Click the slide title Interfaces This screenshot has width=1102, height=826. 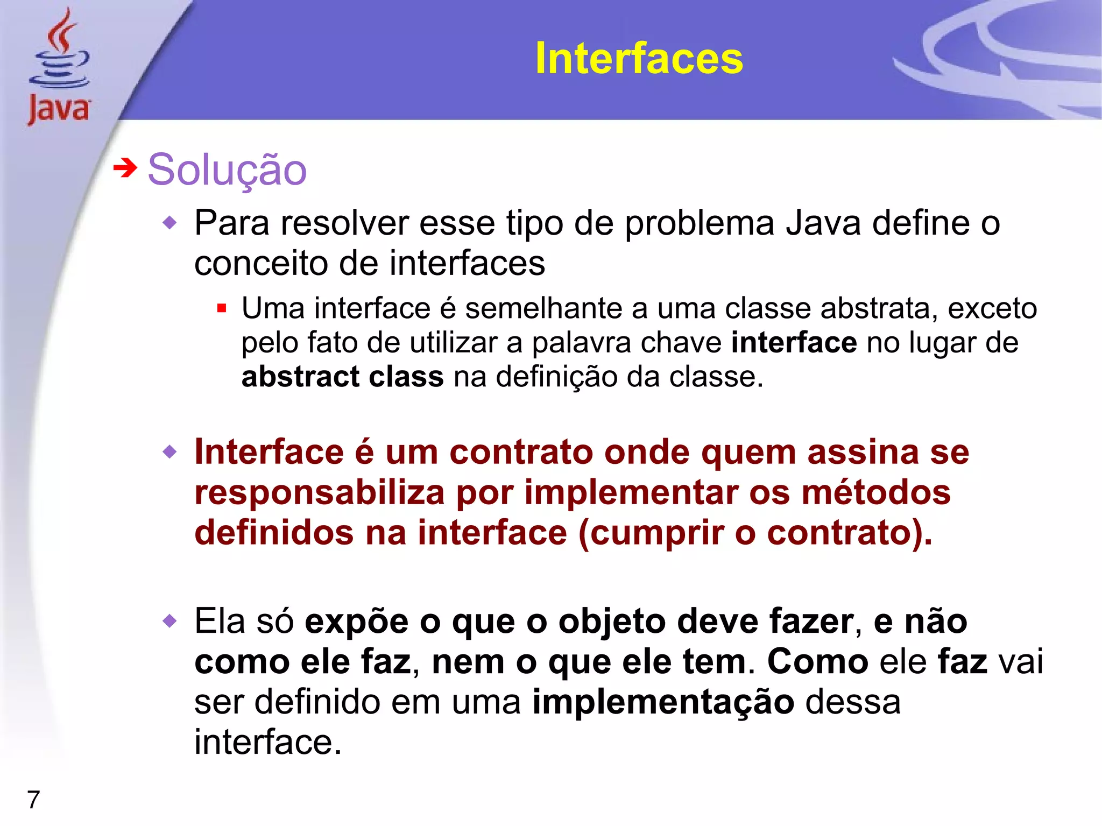[x=639, y=58]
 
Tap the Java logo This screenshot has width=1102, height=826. [x=59, y=67]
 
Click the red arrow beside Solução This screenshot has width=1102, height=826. [x=125, y=168]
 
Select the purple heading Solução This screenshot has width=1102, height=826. [x=227, y=170]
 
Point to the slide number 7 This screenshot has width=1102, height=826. [x=33, y=799]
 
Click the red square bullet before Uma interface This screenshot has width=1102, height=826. [x=221, y=309]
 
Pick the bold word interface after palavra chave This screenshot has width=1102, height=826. [x=794, y=342]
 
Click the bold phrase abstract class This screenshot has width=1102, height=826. [x=342, y=376]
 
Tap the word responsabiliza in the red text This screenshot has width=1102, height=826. [x=319, y=492]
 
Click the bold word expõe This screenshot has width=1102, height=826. [x=357, y=622]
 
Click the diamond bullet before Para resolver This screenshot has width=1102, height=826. [x=169, y=222]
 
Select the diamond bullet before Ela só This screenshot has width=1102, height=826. [x=169, y=621]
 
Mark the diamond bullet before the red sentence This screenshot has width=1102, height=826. [x=169, y=452]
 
